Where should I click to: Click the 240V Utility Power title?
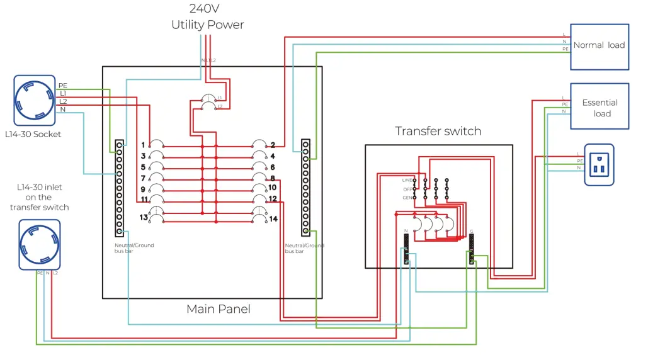(x=207, y=17)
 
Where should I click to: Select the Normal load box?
(x=599, y=46)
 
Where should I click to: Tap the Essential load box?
(x=599, y=107)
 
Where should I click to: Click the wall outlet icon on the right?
(x=598, y=165)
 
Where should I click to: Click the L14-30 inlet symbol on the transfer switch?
(x=39, y=244)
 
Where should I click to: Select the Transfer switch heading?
(x=438, y=131)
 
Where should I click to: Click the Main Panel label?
(x=218, y=309)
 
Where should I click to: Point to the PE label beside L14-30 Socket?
(x=63, y=86)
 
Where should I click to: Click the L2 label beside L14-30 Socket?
(x=63, y=101)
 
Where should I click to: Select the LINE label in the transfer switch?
(x=406, y=180)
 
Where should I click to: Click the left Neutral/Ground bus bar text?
(x=134, y=248)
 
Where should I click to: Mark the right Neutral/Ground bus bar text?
(x=304, y=248)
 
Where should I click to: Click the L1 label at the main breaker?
(x=220, y=98)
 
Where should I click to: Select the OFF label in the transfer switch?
(x=407, y=189)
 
